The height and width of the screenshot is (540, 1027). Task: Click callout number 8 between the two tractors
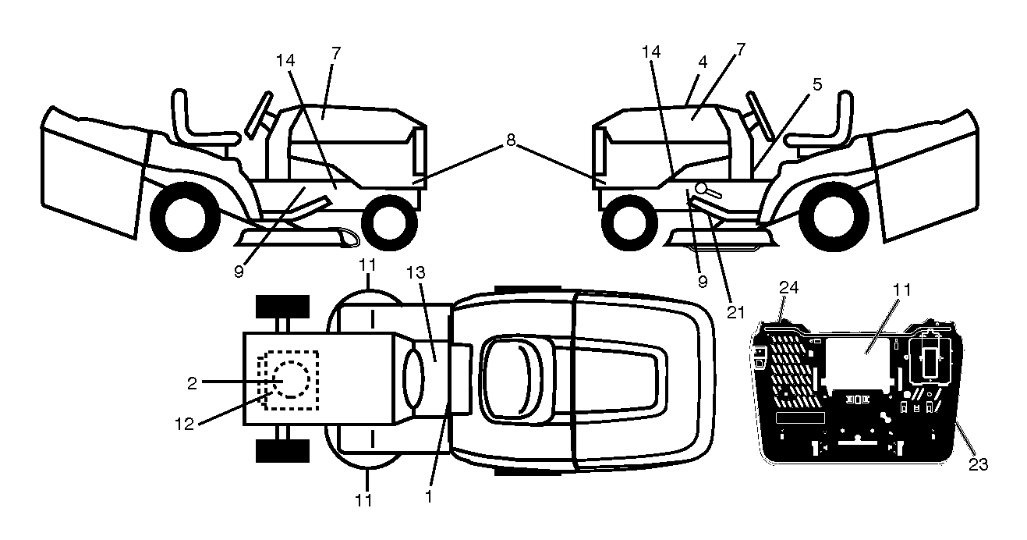pos(511,140)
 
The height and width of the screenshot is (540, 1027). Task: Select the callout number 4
pos(702,62)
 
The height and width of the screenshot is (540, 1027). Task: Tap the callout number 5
pos(817,84)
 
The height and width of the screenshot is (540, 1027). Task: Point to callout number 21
pos(736,312)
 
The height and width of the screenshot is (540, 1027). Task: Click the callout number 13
pos(416,273)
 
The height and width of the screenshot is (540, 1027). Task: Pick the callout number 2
pos(192,384)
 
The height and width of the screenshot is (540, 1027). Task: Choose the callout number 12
pos(184,425)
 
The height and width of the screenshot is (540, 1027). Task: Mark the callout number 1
pos(429,496)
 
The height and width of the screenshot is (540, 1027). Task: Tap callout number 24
pos(788,288)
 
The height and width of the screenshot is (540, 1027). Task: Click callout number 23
pos(978,465)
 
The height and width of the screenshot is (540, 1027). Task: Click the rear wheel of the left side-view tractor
pos(186,216)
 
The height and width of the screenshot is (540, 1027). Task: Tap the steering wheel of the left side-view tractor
pos(259,115)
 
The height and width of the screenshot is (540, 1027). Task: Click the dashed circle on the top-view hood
pos(291,379)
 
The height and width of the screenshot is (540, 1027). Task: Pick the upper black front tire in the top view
pos(282,307)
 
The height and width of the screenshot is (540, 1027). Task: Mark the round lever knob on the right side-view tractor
pos(702,188)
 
